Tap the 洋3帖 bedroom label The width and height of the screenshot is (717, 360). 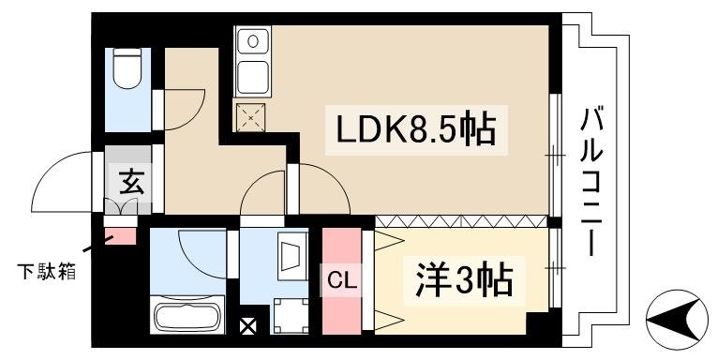[463, 277]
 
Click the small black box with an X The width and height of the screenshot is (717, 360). [247, 329]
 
